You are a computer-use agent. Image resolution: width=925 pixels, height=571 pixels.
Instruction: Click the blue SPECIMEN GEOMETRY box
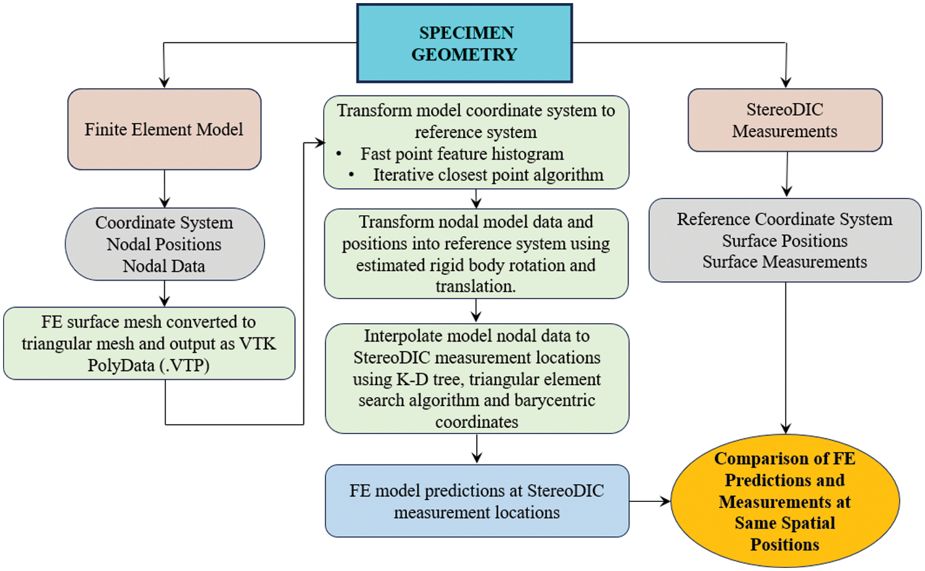click(x=464, y=43)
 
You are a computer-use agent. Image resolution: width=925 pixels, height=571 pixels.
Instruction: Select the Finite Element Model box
click(x=165, y=129)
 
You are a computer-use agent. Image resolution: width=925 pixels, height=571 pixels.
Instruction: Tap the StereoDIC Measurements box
click(x=785, y=120)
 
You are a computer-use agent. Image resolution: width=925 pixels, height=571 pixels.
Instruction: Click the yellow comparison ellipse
click(x=785, y=501)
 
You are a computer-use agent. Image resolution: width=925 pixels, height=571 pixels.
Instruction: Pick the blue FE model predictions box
click(x=477, y=501)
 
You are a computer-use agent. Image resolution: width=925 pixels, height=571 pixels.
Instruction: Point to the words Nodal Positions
click(x=164, y=244)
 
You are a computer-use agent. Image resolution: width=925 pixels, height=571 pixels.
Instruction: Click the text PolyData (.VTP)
click(x=149, y=366)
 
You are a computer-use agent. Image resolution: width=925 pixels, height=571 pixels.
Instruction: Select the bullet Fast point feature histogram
click(x=462, y=154)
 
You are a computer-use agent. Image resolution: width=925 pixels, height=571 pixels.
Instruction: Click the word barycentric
click(x=555, y=400)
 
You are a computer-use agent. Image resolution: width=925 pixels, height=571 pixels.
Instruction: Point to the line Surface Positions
click(x=784, y=240)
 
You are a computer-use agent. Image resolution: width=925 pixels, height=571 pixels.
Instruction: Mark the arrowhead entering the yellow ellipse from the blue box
click(x=665, y=501)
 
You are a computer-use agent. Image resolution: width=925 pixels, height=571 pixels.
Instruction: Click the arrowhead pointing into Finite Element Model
click(x=165, y=82)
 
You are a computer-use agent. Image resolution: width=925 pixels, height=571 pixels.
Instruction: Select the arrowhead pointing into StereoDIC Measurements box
click(x=786, y=82)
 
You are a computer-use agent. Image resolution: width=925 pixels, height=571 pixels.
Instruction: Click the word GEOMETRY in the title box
click(x=464, y=54)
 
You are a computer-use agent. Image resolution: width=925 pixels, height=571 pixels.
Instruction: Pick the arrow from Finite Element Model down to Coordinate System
click(x=165, y=189)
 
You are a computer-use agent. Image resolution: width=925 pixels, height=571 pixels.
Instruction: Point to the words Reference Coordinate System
click(x=784, y=220)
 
